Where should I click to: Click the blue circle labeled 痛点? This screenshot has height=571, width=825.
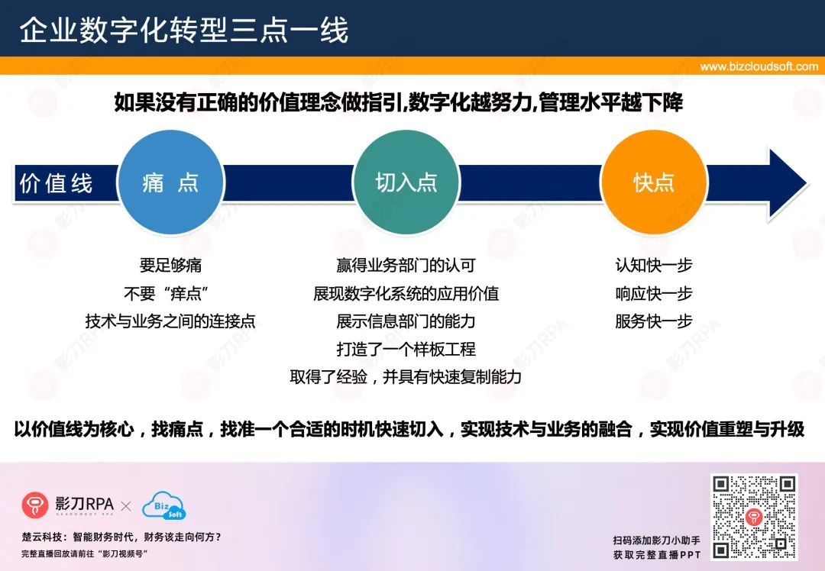tap(171, 182)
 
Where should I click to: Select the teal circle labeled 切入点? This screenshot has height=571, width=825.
tap(406, 182)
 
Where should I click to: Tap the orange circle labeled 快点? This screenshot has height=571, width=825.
tap(653, 182)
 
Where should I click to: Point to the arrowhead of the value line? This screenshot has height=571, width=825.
tap(788, 183)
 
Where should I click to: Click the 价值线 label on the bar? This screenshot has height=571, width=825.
tap(56, 183)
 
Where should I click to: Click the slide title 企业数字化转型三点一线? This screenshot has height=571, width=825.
tap(183, 30)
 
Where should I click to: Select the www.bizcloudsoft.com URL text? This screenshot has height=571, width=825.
tap(759, 66)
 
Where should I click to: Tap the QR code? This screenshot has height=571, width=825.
tap(754, 517)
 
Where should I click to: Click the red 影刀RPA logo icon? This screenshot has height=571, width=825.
tap(34, 505)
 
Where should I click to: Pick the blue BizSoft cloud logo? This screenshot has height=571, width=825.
tap(164, 505)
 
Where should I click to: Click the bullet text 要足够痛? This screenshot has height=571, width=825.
tap(170, 265)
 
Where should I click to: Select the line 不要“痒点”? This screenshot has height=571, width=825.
tap(167, 293)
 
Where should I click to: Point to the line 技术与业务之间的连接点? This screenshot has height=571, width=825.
tap(170, 321)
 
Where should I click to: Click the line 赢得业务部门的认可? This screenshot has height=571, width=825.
tap(406, 265)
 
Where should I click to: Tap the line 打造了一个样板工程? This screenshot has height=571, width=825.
tap(406, 349)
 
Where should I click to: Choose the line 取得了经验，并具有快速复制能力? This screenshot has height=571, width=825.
tap(406, 376)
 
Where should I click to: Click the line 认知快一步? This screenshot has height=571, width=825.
tap(653, 265)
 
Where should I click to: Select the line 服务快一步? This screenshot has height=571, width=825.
tap(653, 321)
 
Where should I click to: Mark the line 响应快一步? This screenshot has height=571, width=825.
tap(653, 293)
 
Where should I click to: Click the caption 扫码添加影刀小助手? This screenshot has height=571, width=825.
tap(657, 540)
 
